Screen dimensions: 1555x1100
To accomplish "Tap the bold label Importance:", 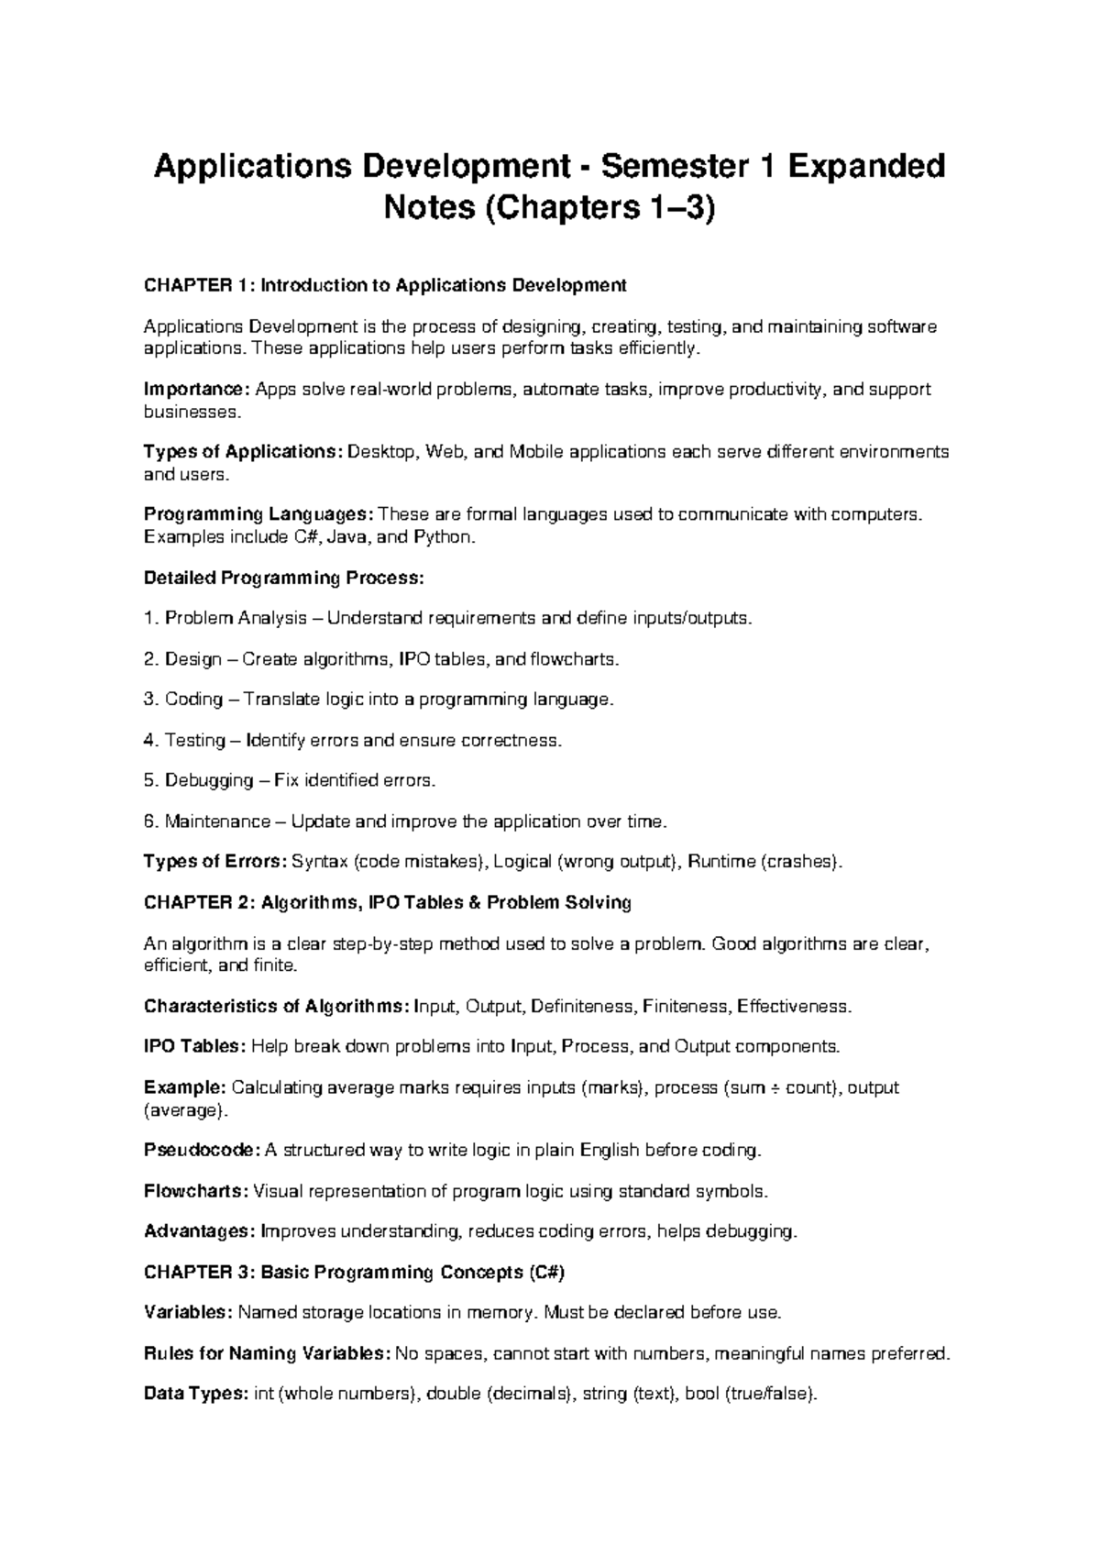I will (197, 390).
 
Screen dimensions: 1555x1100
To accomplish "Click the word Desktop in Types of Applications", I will (381, 452).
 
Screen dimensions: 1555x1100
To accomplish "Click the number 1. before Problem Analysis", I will (151, 618).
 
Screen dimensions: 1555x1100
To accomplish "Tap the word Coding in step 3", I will (194, 700).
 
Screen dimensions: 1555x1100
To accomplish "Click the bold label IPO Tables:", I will (195, 1047).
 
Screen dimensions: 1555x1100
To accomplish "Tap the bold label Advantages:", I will (201, 1231).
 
